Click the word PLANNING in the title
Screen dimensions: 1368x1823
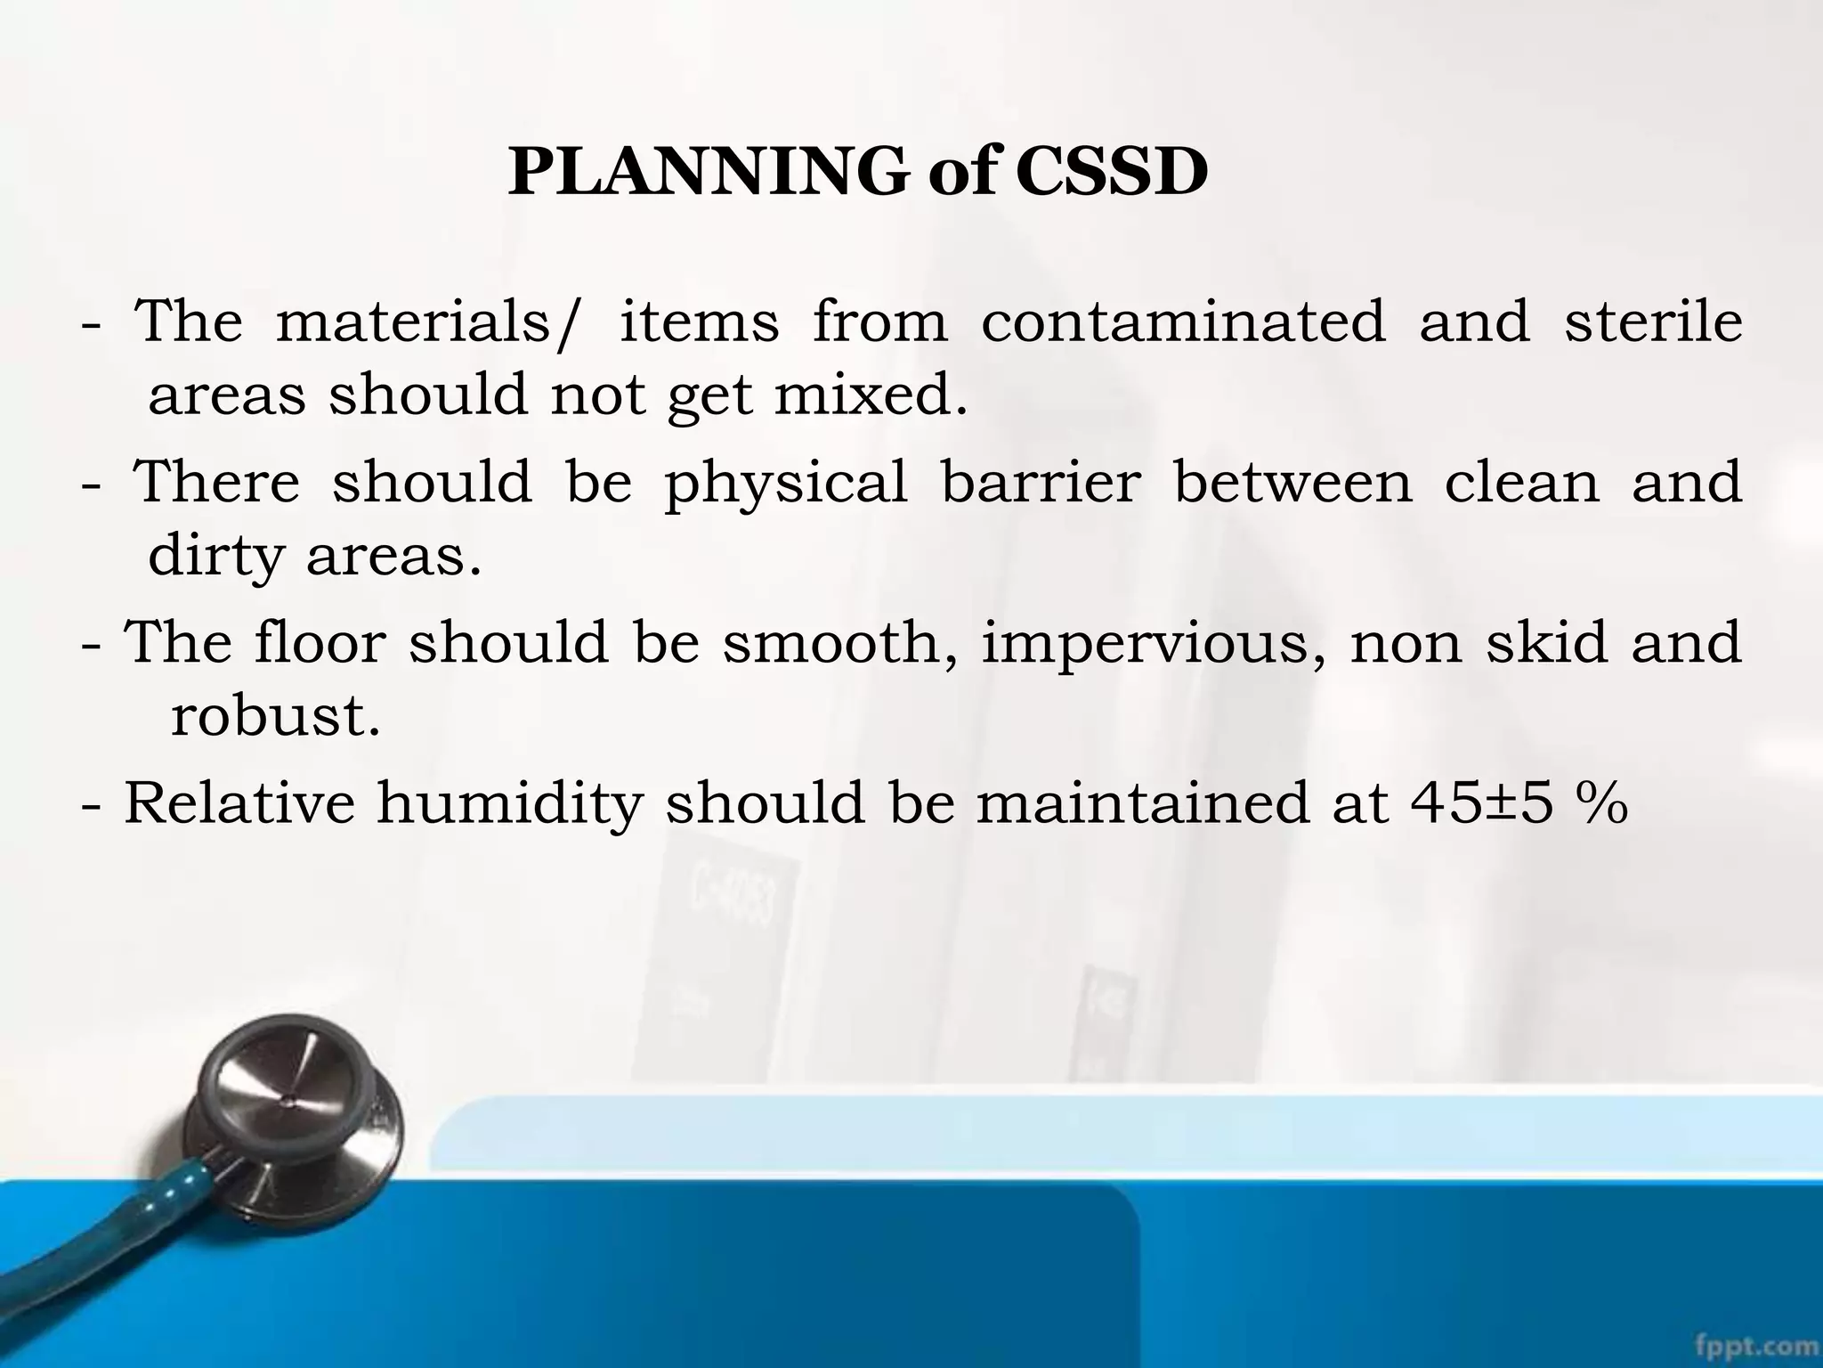[709, 172]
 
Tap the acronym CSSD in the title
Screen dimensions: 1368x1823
[1111, 172]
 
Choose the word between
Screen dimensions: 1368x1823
[1293, 482]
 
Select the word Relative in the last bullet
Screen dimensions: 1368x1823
[239, 802]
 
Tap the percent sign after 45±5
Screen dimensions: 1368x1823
[1600, 802]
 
